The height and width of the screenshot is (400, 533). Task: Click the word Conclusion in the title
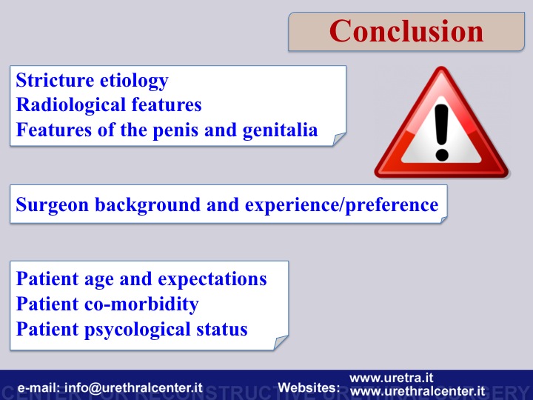[406, 31]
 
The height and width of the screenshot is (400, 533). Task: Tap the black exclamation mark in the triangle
[441, 133]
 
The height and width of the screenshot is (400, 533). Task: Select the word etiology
[134, 81]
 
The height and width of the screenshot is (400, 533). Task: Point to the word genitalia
[280, 131]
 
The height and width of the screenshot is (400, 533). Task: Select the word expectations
[212, 280]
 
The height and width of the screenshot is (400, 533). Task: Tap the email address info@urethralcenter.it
[133, 387]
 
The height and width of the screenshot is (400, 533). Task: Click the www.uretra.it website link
[392, 378]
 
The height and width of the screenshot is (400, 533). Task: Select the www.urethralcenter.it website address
[418, 391]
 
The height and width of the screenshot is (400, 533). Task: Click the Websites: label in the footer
[309, 387]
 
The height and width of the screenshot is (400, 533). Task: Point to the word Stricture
[55, 81]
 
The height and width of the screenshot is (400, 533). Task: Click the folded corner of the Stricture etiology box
[338, 139]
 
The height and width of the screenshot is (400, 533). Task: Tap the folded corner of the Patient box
[281, 342]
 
